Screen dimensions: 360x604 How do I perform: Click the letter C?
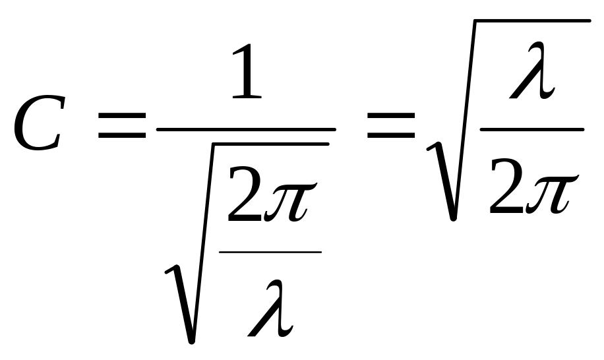tap(38, 123)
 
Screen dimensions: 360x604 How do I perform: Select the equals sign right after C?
tap(122, 125)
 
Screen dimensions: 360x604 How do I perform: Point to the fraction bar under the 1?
tap(245, 129)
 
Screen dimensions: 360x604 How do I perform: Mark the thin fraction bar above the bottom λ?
tap(270, 251)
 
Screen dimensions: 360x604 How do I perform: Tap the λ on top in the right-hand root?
tap(532, 74)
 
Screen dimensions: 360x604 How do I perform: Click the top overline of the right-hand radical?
tap(528, 21)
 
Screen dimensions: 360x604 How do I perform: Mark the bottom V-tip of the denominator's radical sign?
tap(191, 339)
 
